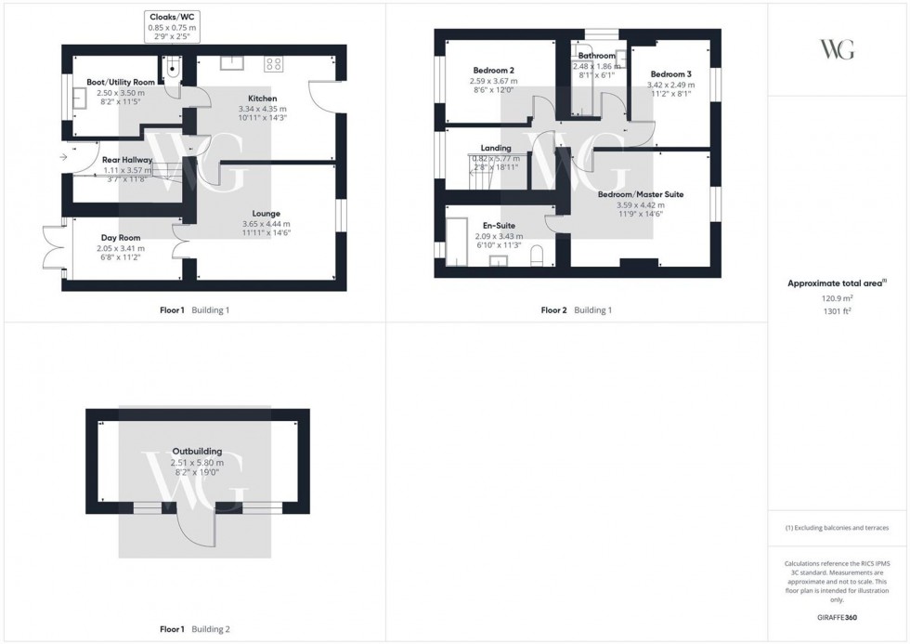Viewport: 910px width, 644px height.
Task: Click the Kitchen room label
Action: tap(261, 99)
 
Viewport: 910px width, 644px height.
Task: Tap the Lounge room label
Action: tap(266, 214)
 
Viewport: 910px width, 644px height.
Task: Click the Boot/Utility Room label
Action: tap(121, 83)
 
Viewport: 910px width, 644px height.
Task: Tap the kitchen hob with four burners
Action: tap(274, 64)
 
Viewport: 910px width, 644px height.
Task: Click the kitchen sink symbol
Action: tap(231, 62)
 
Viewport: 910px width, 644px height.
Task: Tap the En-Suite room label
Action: tap(499, 226)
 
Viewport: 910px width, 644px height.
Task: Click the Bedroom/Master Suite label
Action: tap(640, 194)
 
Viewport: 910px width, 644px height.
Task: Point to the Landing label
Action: tap(496, 148)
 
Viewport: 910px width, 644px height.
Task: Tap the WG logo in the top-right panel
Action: tap(838, 49)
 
